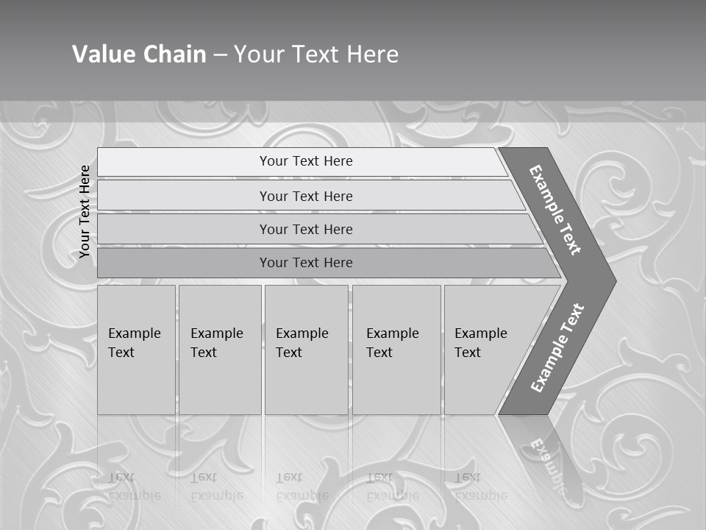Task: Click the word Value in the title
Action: pyautogui.click(x=101, y=54)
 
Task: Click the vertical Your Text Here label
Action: pyautogui.click(x=85, y=212)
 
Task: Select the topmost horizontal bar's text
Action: pyautogui.click(x=306, y=161)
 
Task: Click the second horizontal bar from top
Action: pyautogui.click(x=306, y=196)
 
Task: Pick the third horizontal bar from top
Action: pyautogui.click(x=306, y=229)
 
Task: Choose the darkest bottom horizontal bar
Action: pyautogui.click(x=306, y=263)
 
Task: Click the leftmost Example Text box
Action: pyautogui.click(x=136, y=350)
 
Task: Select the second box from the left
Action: pyautogui.click(x=220, y=350)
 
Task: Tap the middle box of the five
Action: pyautogui.click(x=306, y=350)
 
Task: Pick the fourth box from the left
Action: pyautogui.click(x=396, y=350)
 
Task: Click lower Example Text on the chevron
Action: pyautogui.click(x=557, y=348)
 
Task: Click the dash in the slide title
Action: pyautogui.click(x=220, y=54)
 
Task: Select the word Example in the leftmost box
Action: pyautogui.click(x=134, y=333)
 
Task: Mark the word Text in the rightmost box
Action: pyautogui.click(x=468, y=353)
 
